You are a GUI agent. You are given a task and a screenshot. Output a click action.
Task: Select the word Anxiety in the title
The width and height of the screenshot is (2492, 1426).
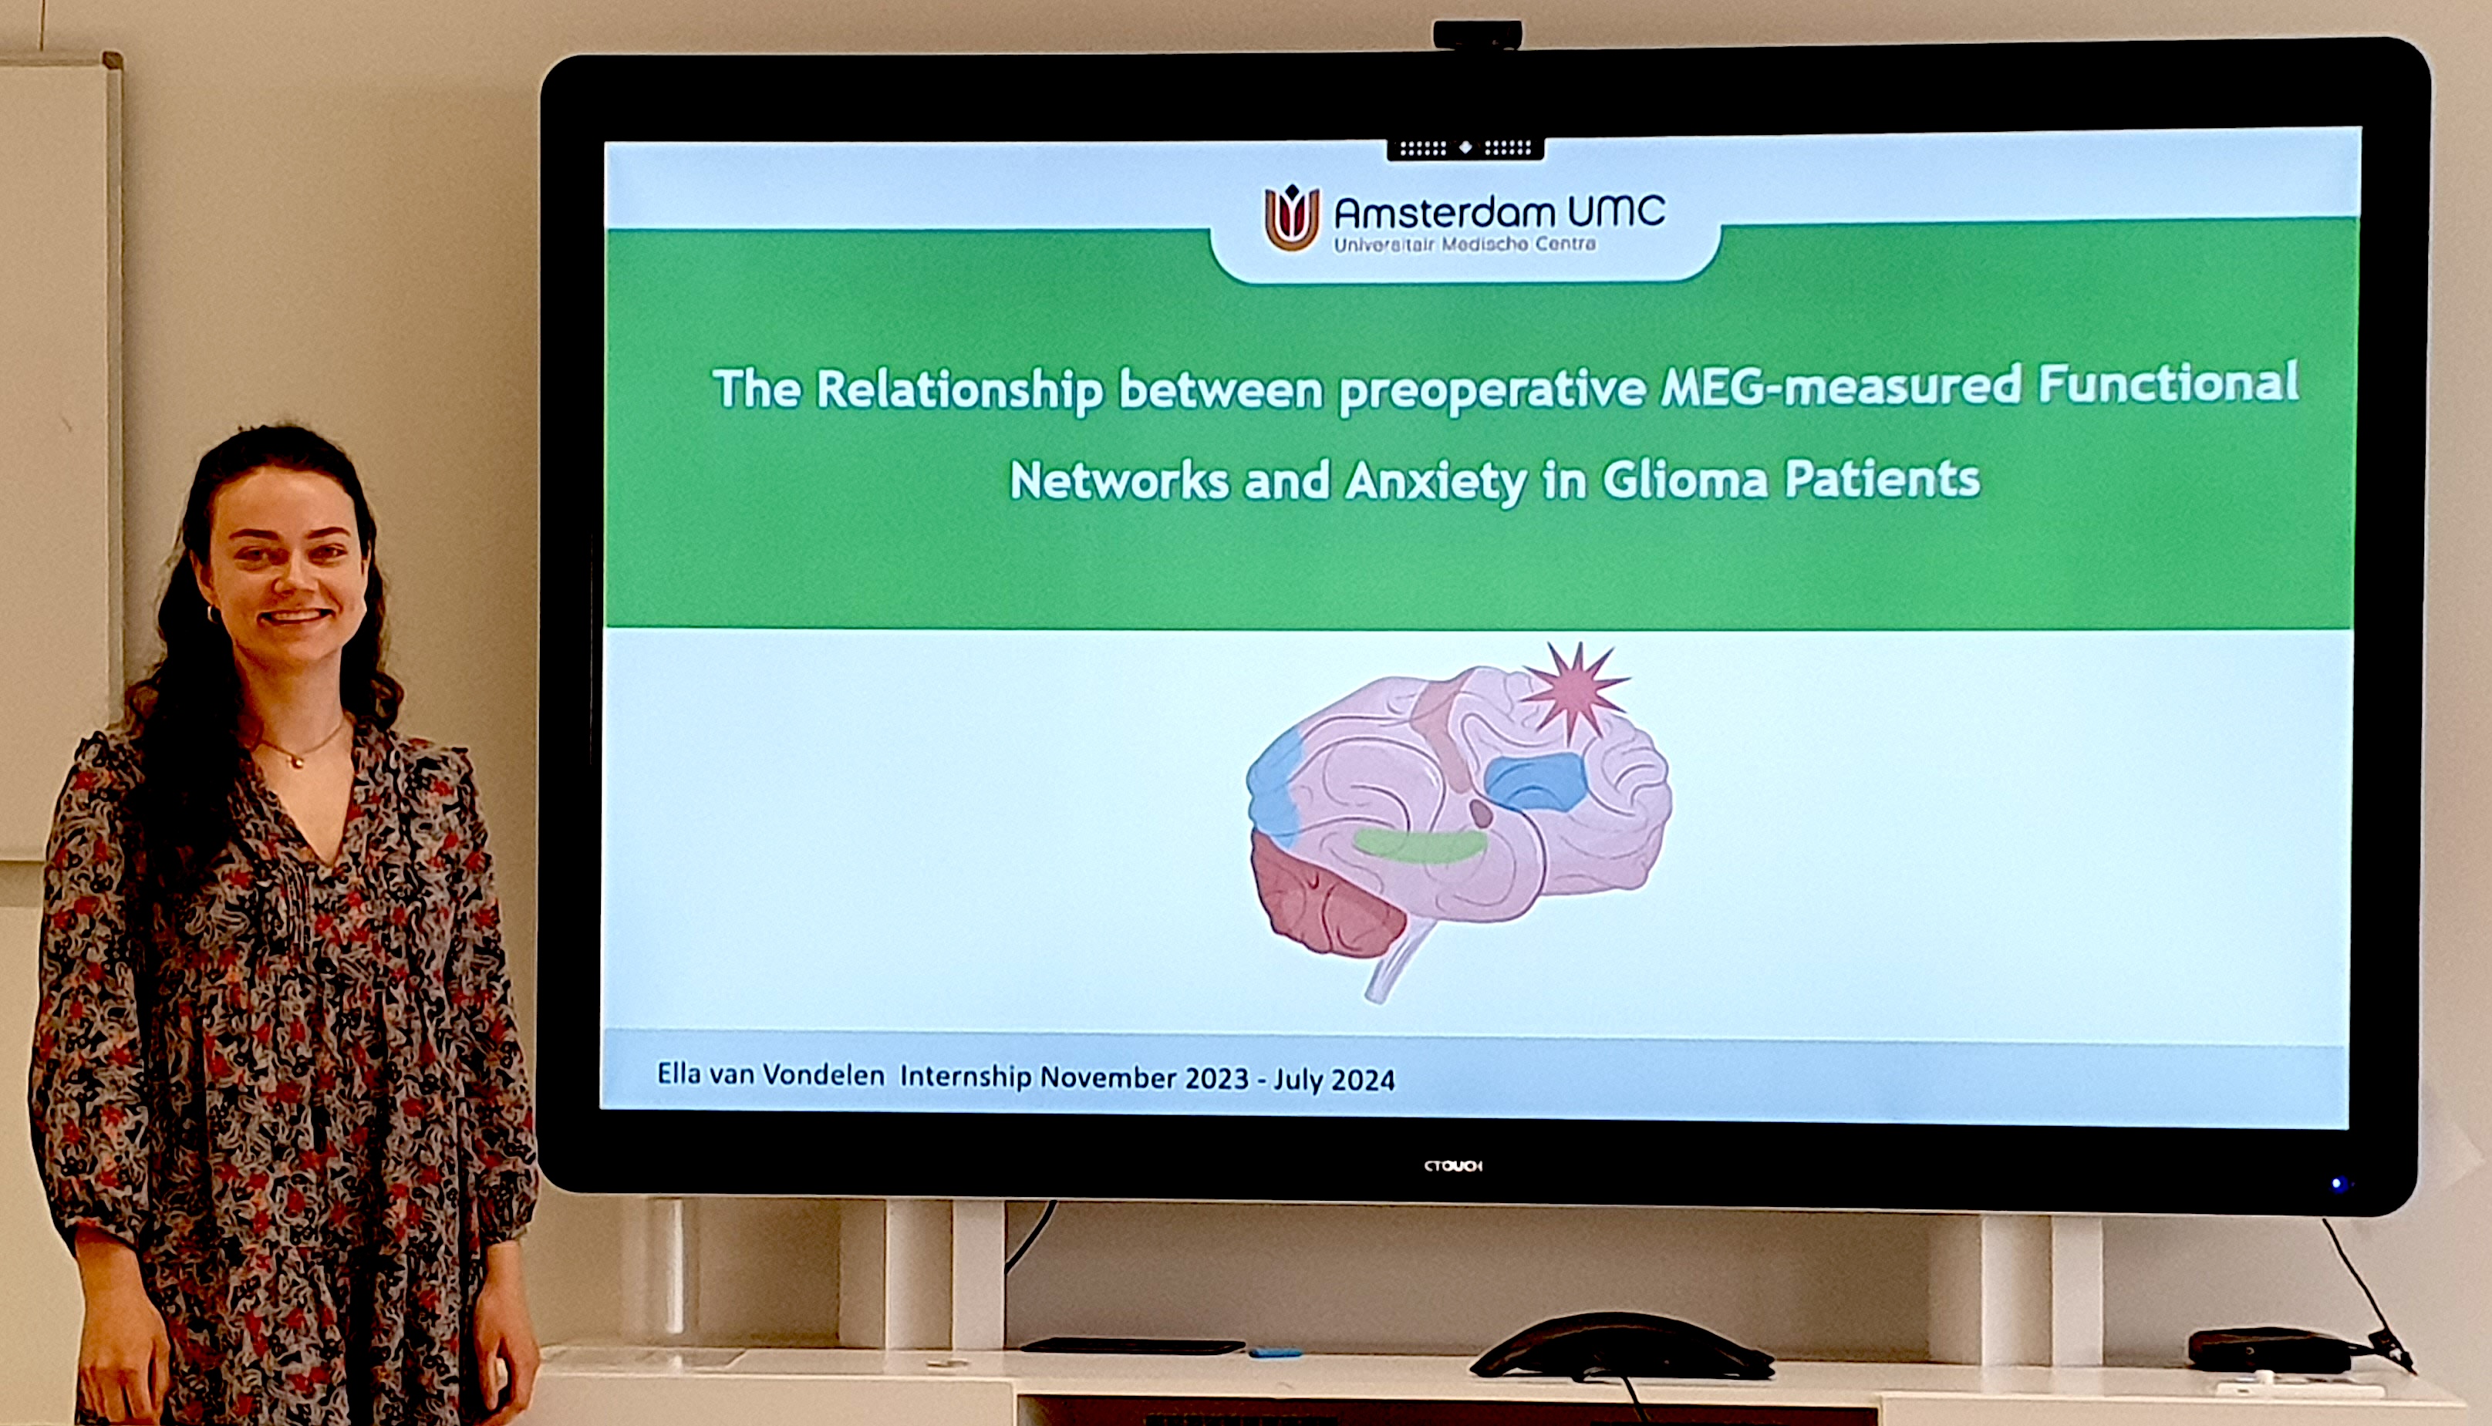(1435, 482)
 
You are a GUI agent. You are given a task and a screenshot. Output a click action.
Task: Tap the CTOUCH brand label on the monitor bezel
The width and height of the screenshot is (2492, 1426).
(1453, 1165)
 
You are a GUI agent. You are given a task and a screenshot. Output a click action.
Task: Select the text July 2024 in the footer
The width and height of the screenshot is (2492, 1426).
(1334, 1079)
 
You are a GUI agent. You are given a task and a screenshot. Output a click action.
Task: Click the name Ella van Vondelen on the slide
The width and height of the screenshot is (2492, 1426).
(771, 1074)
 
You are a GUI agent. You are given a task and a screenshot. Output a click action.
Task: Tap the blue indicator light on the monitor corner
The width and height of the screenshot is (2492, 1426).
(2339, 1184)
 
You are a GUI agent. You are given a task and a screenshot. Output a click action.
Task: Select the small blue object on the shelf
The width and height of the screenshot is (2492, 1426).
(1275, 1353)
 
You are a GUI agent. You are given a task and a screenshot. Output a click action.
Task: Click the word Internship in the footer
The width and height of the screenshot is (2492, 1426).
(966, 1077)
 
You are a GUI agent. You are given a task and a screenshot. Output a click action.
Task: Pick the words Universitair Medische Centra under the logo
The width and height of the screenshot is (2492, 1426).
(1465, 244)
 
